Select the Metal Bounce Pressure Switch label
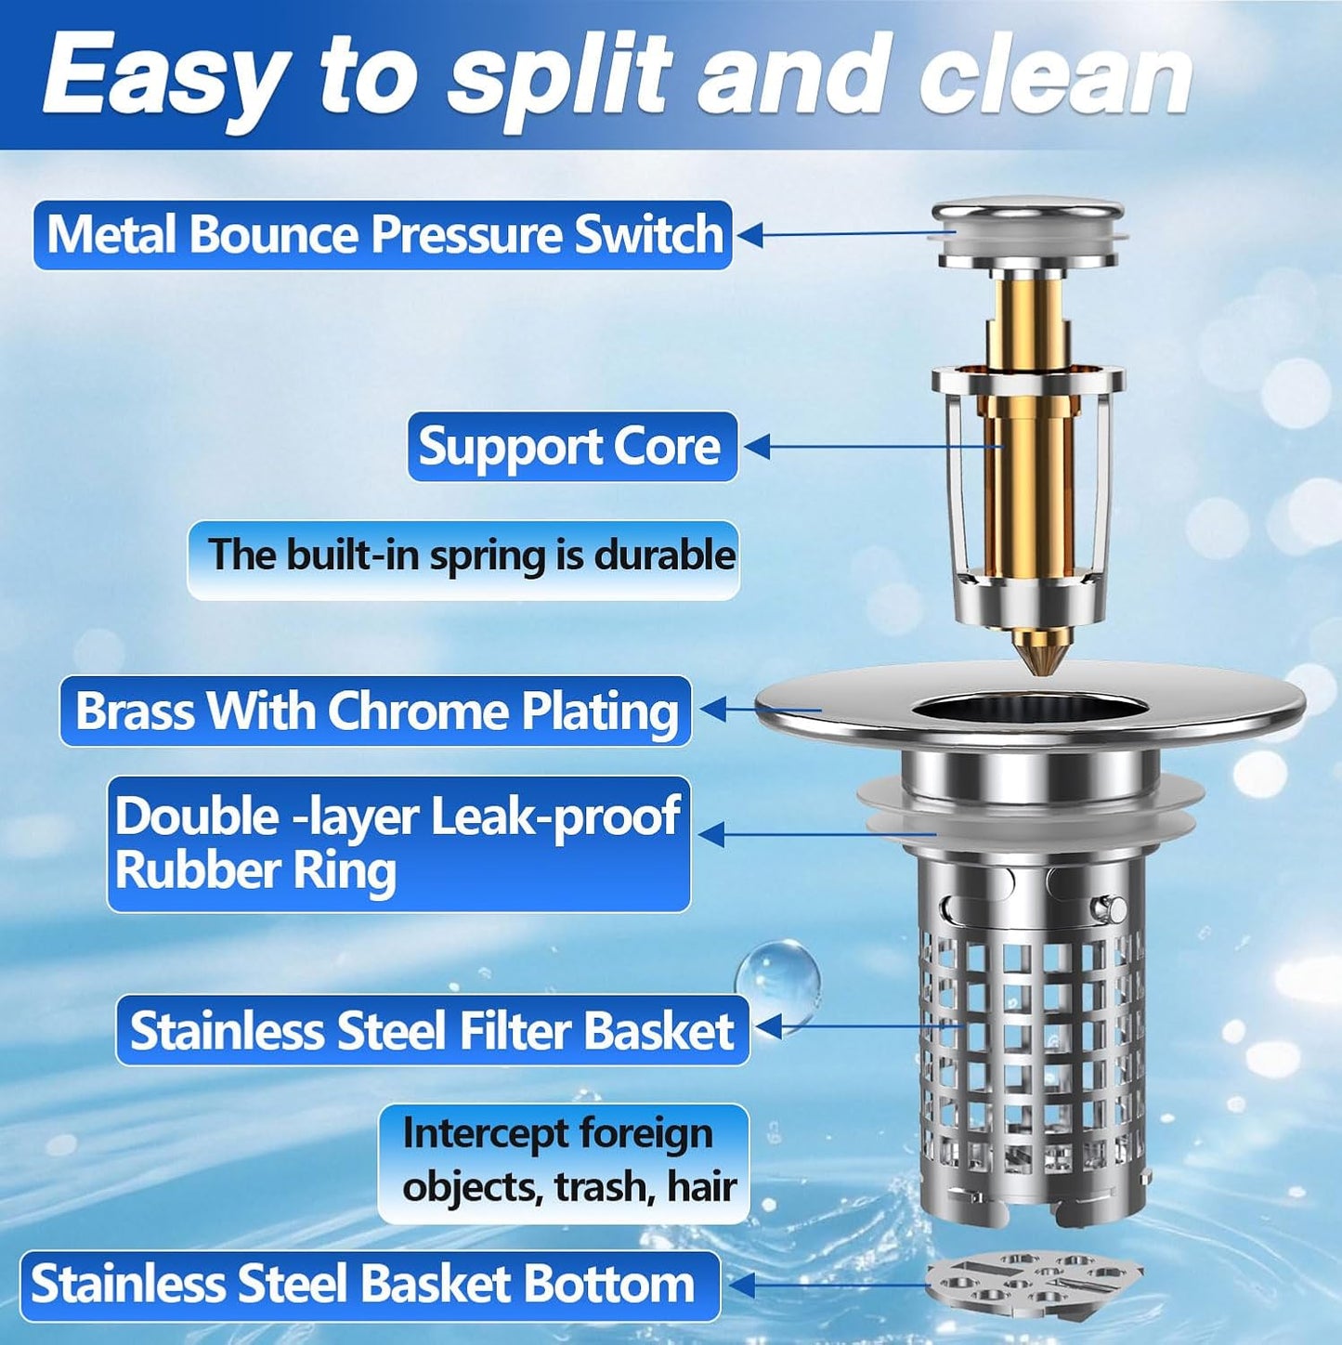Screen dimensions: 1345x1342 (x=383, y=235)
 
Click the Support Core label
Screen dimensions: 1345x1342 (x=571, y=447)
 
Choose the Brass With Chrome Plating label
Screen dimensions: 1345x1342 (x=375, y=712)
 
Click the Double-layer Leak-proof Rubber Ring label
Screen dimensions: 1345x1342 (x=397, y=843)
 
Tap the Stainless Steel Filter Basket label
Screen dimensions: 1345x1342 (x=432, y=1030)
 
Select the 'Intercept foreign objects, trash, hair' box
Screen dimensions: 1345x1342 (x=563, y=1161)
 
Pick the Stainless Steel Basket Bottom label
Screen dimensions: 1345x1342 (x=368, y=1285)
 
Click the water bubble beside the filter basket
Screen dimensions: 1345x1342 (x=777, y=979)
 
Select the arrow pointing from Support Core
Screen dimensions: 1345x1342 (x=758, y=447)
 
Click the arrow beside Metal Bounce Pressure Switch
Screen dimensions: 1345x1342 (x=750, y=235)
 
